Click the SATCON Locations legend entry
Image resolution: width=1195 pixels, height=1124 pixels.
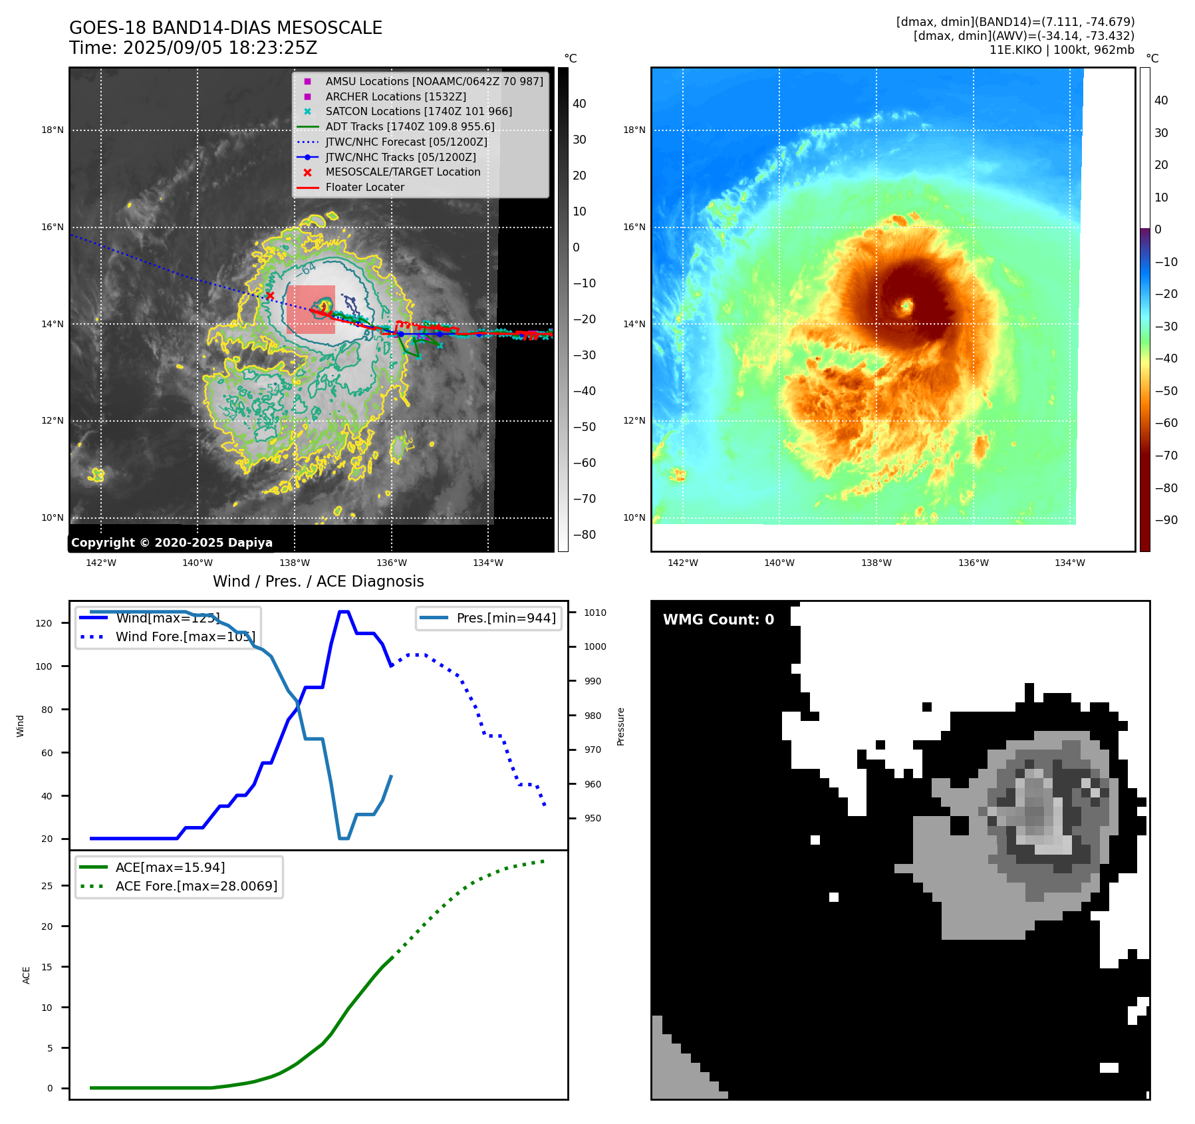coord(418,112)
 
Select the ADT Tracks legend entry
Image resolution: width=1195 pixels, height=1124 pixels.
coord(410,126)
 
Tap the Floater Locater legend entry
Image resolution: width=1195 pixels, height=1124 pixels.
coord(364,188)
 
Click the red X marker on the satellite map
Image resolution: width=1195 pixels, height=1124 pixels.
coord(270,295)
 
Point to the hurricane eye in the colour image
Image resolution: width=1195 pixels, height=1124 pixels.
coord(906,307)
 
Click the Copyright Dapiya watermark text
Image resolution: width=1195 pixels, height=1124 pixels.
coord(172,543)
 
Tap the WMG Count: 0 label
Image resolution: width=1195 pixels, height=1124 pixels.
coord(718,620)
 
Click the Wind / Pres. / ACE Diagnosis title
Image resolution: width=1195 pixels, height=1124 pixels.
coord(318,581)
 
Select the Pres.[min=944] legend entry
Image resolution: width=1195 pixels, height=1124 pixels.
coord(506,618)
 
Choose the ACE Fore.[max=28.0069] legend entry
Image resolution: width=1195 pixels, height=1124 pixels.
coord(196,886)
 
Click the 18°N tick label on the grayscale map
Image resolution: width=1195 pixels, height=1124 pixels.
coord(53,130)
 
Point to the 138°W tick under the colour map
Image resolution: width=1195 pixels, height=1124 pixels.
coord(876,563)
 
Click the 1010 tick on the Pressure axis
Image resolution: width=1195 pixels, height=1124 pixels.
coord(595,613)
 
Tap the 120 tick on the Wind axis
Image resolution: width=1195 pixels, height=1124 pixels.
coord(43,623)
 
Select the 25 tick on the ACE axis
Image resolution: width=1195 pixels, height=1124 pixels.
coord(47,886)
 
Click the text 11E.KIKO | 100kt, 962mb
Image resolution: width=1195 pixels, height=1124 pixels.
coord(1061,50)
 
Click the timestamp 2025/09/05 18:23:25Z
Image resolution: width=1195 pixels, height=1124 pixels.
coord(220,49)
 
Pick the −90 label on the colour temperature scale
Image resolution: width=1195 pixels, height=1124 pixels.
coord(1166,520)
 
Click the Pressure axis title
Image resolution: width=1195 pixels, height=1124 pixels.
coord(620,726)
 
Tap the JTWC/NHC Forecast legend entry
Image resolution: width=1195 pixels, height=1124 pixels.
coord(406,142)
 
